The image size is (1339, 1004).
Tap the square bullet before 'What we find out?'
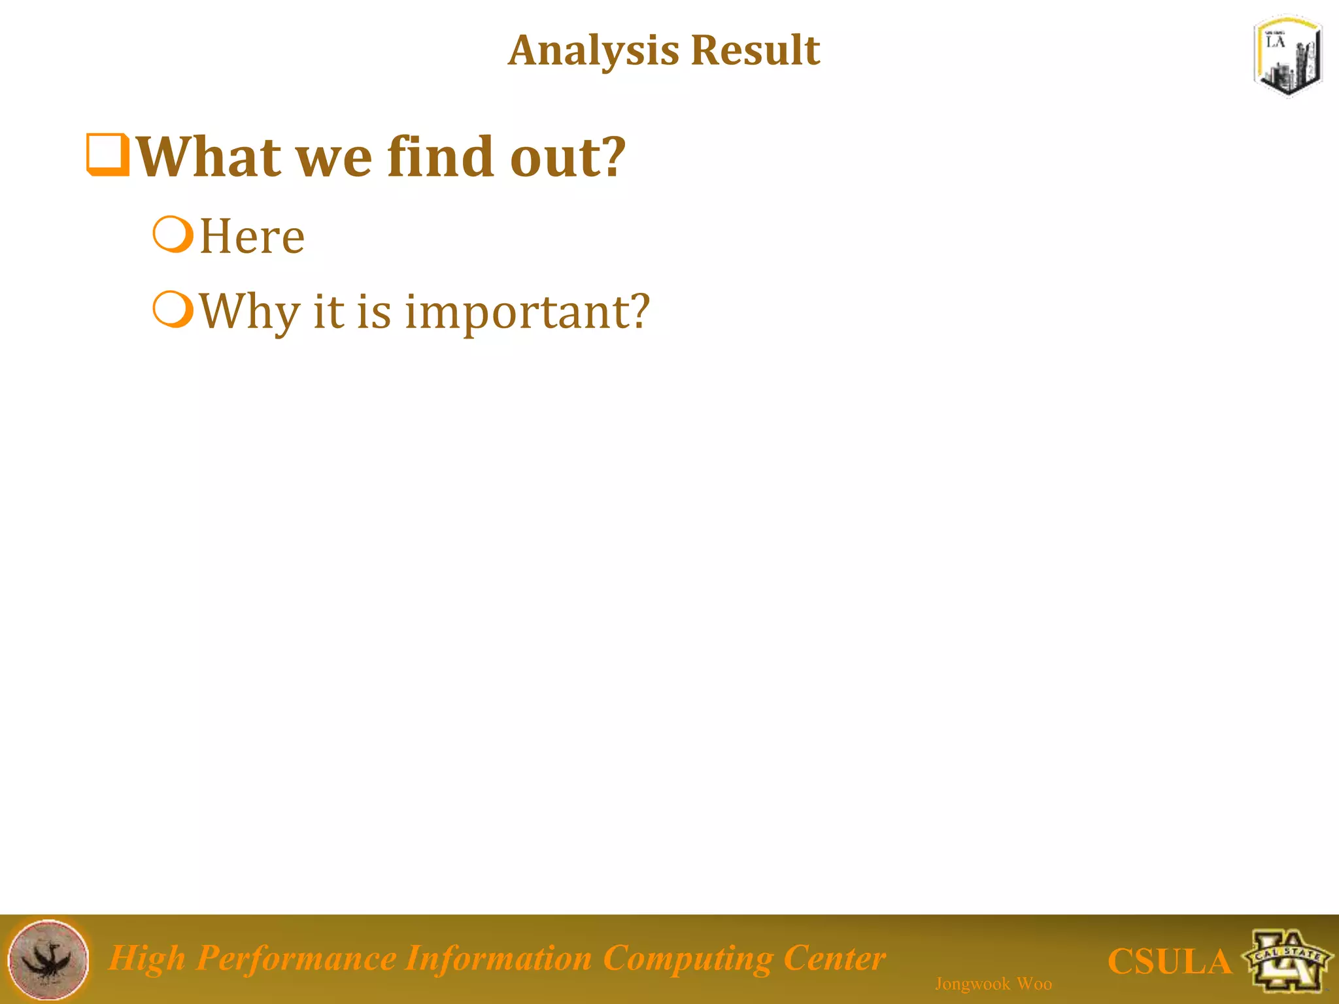click(108, 155)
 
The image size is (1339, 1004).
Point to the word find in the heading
click(440, 157)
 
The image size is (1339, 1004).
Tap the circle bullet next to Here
click(173, 235)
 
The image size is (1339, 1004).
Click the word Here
click(252, 237)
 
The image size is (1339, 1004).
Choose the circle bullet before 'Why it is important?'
click(173, 309)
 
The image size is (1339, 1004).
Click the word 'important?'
click(527, 312)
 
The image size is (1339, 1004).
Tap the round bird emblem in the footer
click(48, 960)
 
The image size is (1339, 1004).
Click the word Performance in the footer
click(296, 959)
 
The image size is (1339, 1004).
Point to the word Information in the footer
click(498, 959)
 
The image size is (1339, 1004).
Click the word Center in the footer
click(834, 959)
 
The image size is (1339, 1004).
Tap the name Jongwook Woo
click(993, 984)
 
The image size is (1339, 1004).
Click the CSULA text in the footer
click(1169, 962)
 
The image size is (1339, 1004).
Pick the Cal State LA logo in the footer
click(1288, 960)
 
